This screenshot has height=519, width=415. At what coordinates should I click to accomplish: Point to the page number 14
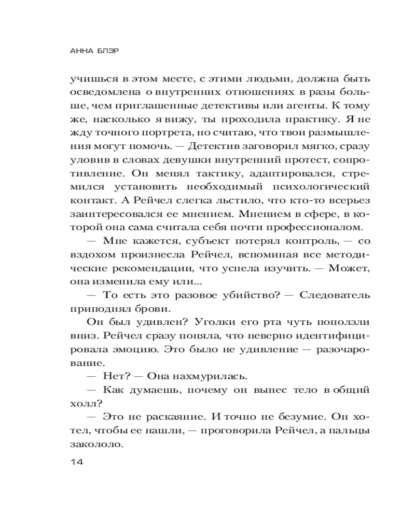pos(76,462)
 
